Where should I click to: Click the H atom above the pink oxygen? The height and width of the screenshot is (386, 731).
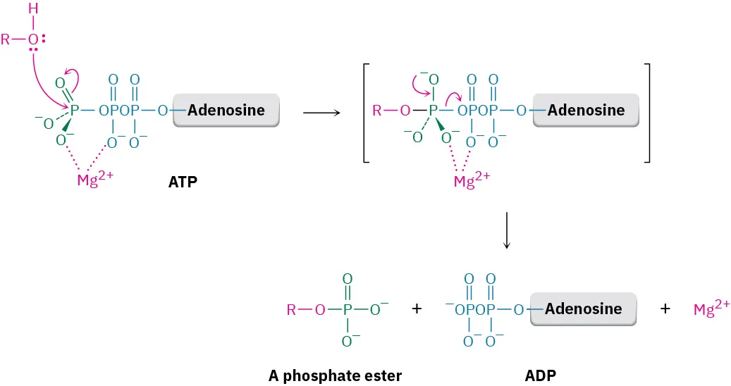[x=32, y=9]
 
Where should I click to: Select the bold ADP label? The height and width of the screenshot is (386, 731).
[x=540, y=375]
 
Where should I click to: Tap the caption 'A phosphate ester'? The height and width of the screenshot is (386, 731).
[x=335, y=375]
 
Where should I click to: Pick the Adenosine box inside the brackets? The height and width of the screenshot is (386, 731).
[x=586, y=110]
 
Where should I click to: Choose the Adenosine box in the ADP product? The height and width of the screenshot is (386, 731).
[x=583, y=309]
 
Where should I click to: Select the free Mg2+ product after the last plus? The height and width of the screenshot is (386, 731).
[x=710, y=309]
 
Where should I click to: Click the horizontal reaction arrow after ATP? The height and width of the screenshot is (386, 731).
[x=321, y=111]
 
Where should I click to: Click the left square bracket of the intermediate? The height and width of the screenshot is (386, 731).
[x=366, y=113]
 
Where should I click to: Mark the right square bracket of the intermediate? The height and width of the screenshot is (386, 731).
[x=646, y=113]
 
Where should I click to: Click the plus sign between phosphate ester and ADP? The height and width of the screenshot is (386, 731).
[x=416, y=309]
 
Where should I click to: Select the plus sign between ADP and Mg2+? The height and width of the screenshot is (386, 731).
[x=665, y=309]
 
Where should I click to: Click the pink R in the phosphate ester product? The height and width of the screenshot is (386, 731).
[x=290, y=309]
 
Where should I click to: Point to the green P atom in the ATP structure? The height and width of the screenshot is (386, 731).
[x=75, y=110]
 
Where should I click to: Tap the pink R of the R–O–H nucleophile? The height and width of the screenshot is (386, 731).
[x=6, y=39]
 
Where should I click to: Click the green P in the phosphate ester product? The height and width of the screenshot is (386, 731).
[x=347, y=309]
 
